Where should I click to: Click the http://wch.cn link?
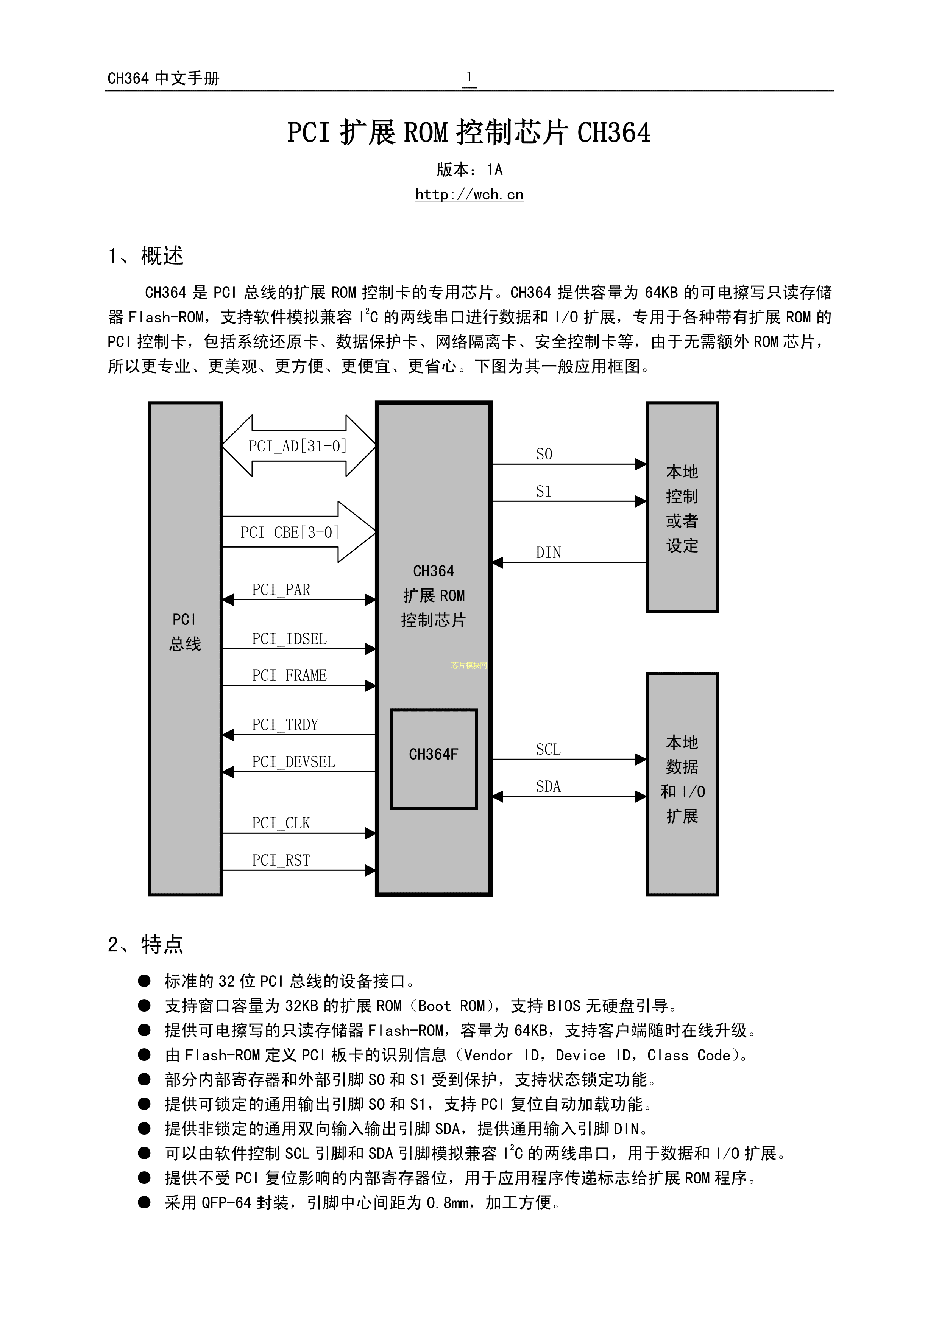(469, 195)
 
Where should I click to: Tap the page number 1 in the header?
(469, 77)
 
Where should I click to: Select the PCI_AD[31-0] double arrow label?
(298, 446)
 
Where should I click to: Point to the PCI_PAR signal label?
(281, 590)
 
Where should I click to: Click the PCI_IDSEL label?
(289, 639)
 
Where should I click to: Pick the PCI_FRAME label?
(289, 676)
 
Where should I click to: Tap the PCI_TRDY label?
(285, 725)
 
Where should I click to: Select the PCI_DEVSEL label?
(293, 762)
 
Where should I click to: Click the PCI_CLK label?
(281, 823)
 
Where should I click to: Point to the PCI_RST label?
(281, 860)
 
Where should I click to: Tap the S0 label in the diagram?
(544, 455)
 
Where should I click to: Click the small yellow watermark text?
(469, 665)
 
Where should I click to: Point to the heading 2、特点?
(146, 945)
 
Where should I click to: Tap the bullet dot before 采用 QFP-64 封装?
(144, 1202)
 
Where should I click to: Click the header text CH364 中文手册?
(164, 79)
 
